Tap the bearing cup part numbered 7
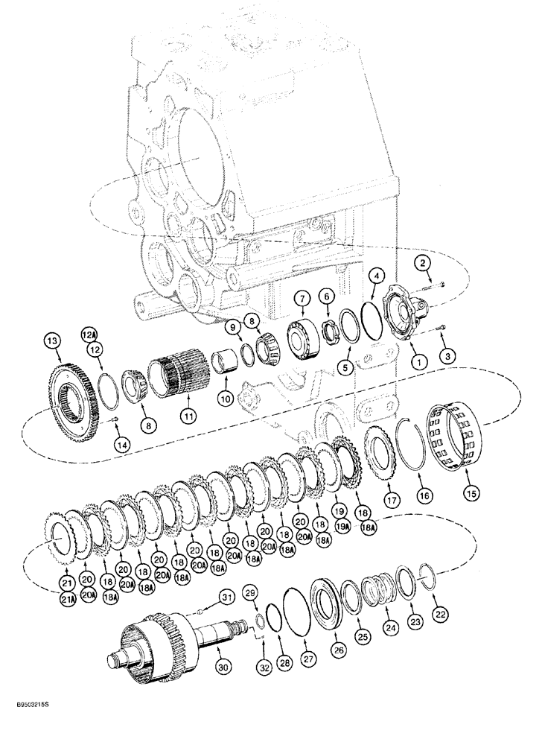click(x=304, y=331)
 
